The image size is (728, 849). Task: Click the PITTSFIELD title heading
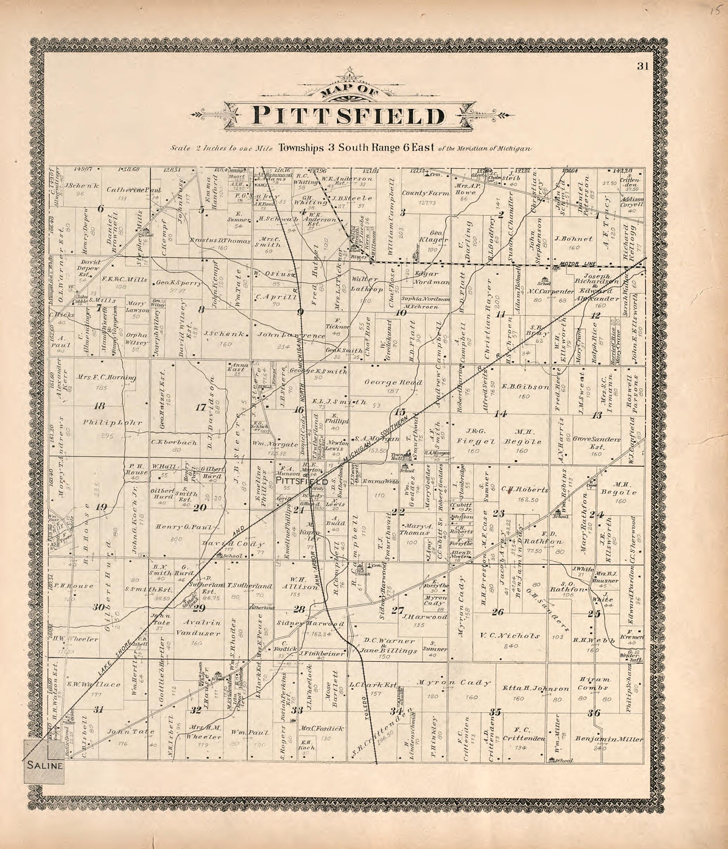(348, 116)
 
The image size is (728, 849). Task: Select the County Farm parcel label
(420, 193)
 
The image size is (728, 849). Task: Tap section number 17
(201, 408)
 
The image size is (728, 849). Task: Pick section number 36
(594, 713)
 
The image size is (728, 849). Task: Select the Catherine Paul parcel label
(134, 190)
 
